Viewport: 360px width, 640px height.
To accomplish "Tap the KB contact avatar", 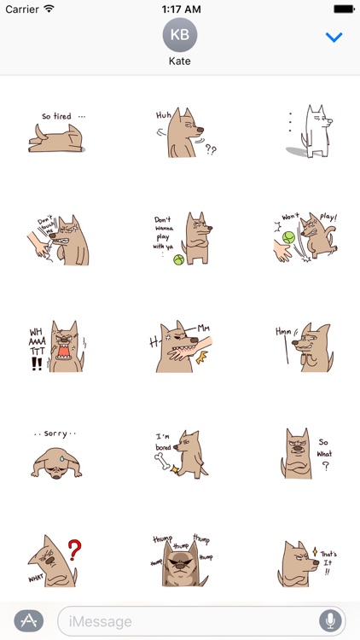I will point(180,35).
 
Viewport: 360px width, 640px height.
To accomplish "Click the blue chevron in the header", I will point(334,38).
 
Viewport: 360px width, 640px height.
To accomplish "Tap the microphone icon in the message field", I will point(328,620).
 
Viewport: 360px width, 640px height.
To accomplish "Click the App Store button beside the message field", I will point(29,620).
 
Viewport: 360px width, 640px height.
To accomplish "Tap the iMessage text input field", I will point(188,620).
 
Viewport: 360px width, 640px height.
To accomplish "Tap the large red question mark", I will point(74,550).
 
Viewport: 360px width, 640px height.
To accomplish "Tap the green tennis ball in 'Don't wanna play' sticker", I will point(179,259).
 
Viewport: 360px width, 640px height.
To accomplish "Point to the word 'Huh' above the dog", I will point(163,114).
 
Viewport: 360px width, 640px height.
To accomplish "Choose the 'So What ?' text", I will point(324,452).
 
